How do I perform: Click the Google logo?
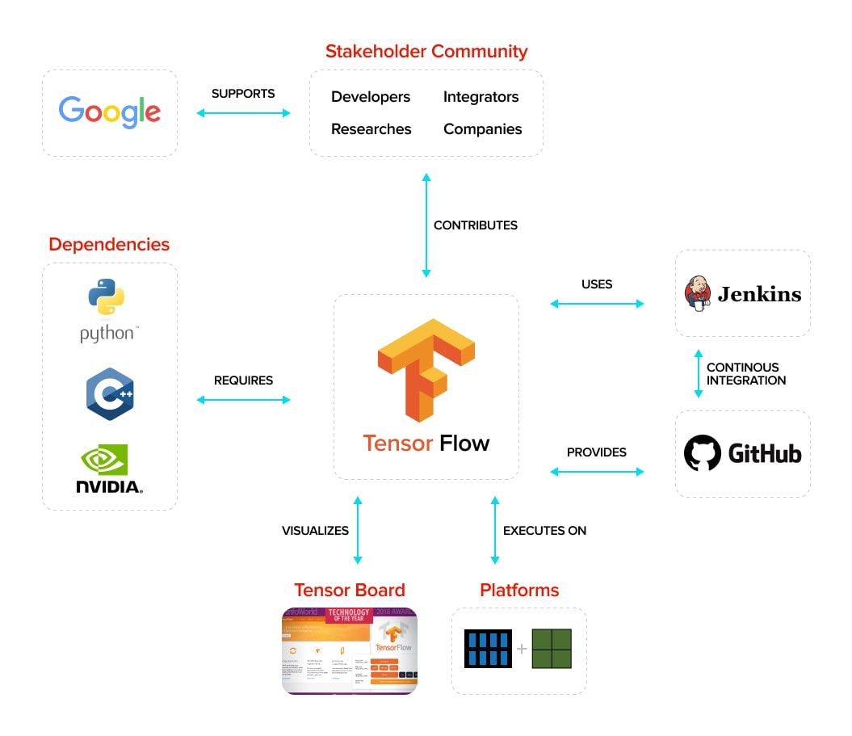tap(110, 111)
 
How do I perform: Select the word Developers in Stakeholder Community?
tap(371, 97)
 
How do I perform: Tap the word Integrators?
tap(481, 97)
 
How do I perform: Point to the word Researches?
tap(371, 129)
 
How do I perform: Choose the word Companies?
tap(482, 129)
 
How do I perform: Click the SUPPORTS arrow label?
tap(243, 94)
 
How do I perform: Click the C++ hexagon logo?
tap(110, 393)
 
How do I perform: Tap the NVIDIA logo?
tap(109, 469)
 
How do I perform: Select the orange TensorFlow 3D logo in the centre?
tap(426, 369)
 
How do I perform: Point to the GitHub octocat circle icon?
tap(702, 453)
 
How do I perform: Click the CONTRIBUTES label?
tap(475, 225)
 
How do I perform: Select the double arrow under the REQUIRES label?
tap(243, 400)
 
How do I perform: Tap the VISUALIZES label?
tap(315, 531)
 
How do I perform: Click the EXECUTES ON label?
tap(544, 531)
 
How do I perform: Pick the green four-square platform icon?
tap(551, 649)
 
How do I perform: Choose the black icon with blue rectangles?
tap(489, 649)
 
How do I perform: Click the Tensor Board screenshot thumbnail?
tap(350, 650)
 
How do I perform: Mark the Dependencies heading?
tap(109, 244)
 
